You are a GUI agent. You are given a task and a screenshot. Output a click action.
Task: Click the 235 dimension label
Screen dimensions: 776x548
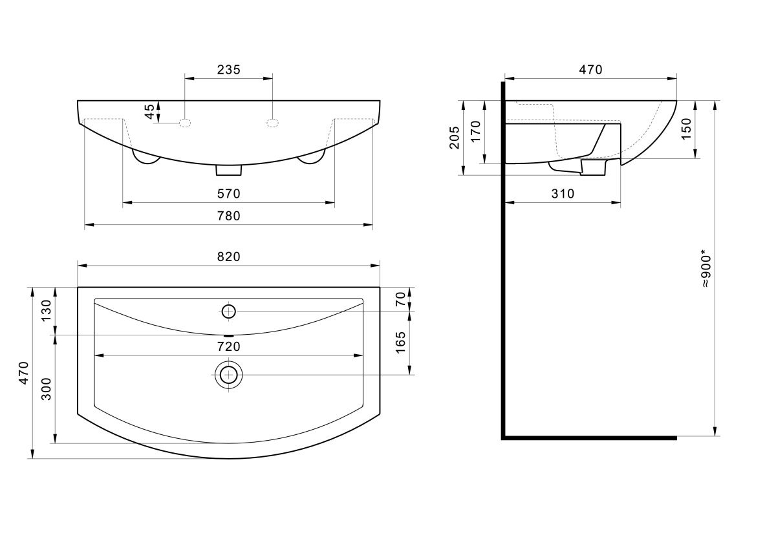pos(229,70)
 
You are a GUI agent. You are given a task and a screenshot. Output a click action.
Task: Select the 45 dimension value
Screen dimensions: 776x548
pos(149,111)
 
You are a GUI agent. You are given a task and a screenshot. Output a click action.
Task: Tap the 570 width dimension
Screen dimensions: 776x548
pos(229,193)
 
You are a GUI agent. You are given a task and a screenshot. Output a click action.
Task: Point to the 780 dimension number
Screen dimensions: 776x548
pos(229,216)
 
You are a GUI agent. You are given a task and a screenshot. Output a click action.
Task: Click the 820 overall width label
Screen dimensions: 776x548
pos(229,257)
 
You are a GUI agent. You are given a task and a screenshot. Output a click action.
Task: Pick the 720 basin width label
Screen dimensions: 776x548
pos(229,346)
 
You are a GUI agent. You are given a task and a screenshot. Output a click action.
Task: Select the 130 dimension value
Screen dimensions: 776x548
pos(46,311)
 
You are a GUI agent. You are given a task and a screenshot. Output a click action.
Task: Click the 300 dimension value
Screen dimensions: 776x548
pos(46,389)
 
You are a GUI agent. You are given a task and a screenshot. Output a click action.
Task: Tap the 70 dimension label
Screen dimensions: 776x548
pos(400,299)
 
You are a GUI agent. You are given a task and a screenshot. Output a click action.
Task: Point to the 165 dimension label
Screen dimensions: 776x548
pos(400,342)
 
